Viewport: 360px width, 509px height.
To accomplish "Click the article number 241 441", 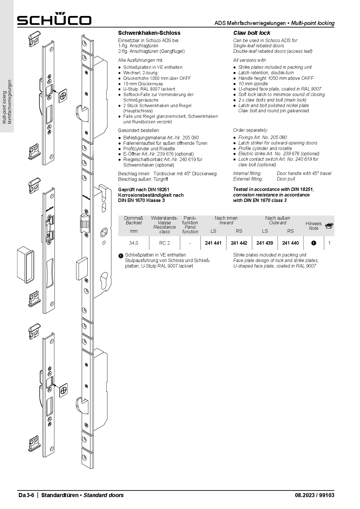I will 213,243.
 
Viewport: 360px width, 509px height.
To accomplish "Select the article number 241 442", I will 239,243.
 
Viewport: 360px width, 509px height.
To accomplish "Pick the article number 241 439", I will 264,243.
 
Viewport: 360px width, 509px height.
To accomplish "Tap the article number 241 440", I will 290,243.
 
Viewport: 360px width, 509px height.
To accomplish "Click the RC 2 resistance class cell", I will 164,243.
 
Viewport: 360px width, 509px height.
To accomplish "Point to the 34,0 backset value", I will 134,243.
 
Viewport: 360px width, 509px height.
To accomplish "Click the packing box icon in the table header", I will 329,226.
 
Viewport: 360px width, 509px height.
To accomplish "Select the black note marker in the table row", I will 314,243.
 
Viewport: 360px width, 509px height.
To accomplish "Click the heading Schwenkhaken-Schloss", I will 149,33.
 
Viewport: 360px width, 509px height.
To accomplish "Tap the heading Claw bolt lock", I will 252,33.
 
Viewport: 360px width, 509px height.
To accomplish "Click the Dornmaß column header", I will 134,218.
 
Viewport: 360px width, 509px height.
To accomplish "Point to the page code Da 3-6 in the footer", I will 26,495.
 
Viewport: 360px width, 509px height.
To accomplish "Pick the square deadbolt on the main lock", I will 81,268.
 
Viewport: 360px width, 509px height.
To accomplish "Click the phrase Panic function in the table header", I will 190,229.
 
